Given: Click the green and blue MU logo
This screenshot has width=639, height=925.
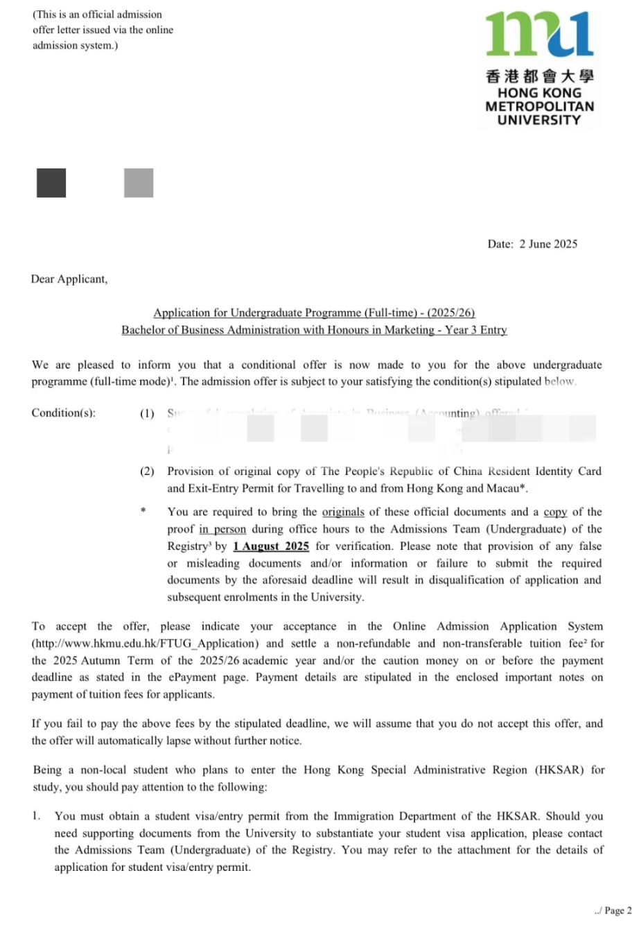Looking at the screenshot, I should tap(539, 35).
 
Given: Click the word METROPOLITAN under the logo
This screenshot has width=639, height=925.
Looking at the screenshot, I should tap(539, 107).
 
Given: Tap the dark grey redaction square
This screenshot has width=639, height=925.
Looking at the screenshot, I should tap(51, 183).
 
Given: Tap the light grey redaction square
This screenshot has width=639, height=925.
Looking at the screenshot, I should tap(139, 183).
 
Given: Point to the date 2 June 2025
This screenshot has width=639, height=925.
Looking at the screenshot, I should tap(548, 244).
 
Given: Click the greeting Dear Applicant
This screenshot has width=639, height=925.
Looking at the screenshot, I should tap(69, 279).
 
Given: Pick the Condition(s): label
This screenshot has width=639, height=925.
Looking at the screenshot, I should tap(64, 413).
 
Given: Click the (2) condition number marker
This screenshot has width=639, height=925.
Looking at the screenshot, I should tap(147, 472).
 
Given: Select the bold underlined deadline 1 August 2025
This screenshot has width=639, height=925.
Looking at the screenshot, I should tap(271, 546).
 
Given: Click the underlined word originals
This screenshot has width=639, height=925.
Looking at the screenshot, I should tap(343, 512).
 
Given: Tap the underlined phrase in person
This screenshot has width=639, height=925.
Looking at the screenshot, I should tap(222, 530).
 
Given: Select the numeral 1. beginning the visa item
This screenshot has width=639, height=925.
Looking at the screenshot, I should tap(36, 816).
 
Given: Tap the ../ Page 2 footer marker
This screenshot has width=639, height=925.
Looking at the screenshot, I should tap(613, 910).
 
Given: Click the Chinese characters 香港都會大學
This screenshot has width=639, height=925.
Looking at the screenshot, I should tap(539, 77).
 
